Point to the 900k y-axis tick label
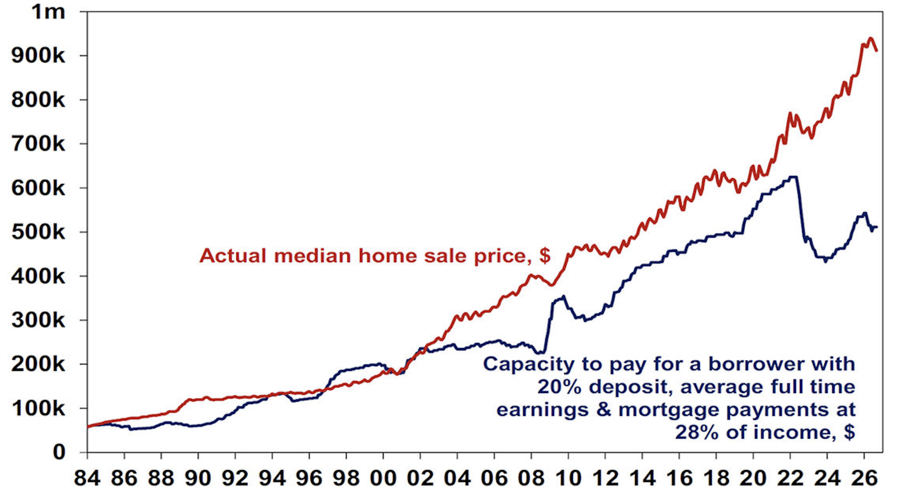coord(38,55)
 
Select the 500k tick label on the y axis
coord(38,232)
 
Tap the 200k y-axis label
coord(38,364)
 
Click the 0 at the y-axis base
coord(59,452)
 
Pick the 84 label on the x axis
coord(87,478)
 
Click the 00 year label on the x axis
coord(383,478)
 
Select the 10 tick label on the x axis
coord(568,478)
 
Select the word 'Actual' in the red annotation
coord(233,256)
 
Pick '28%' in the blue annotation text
coord(697,432)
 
